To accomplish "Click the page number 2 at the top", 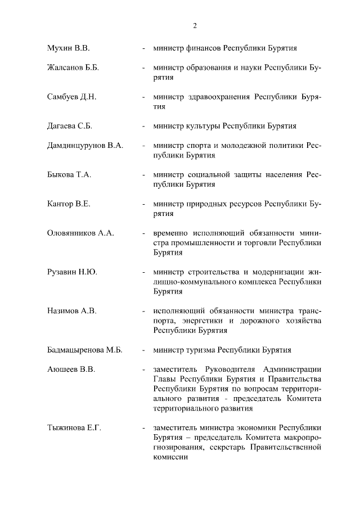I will pos(195,25).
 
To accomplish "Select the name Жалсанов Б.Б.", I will pos(73,68).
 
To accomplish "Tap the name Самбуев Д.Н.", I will pos(72,97).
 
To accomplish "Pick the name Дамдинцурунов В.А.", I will pos(85,146).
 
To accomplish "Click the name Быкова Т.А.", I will pos(69,175).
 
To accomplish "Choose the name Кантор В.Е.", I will pos(69,204).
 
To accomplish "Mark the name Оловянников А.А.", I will pos(80,233).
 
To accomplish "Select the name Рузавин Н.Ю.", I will pos(72,272).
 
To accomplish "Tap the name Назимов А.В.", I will pos(71,310).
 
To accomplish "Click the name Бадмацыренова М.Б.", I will pos(85,349).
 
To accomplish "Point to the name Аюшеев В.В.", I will pos(71,369).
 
